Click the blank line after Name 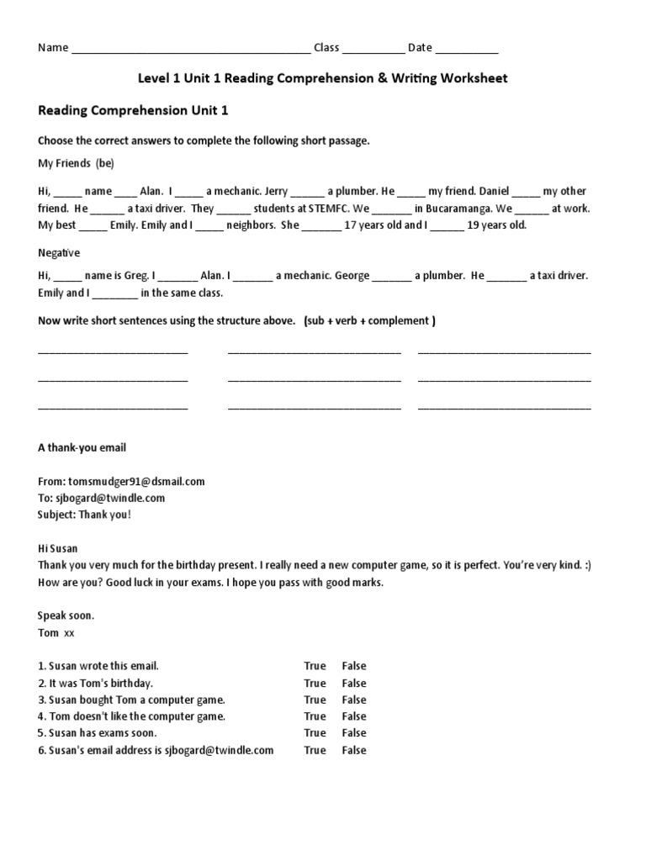191,49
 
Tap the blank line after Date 467,49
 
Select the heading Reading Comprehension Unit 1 133,110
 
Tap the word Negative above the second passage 59,252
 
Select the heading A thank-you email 82,448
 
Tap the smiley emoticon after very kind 586,565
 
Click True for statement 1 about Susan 315,666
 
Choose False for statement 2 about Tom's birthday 354,683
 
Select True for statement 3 315,700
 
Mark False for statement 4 354,716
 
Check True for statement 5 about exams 315,733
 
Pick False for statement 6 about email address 354,750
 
